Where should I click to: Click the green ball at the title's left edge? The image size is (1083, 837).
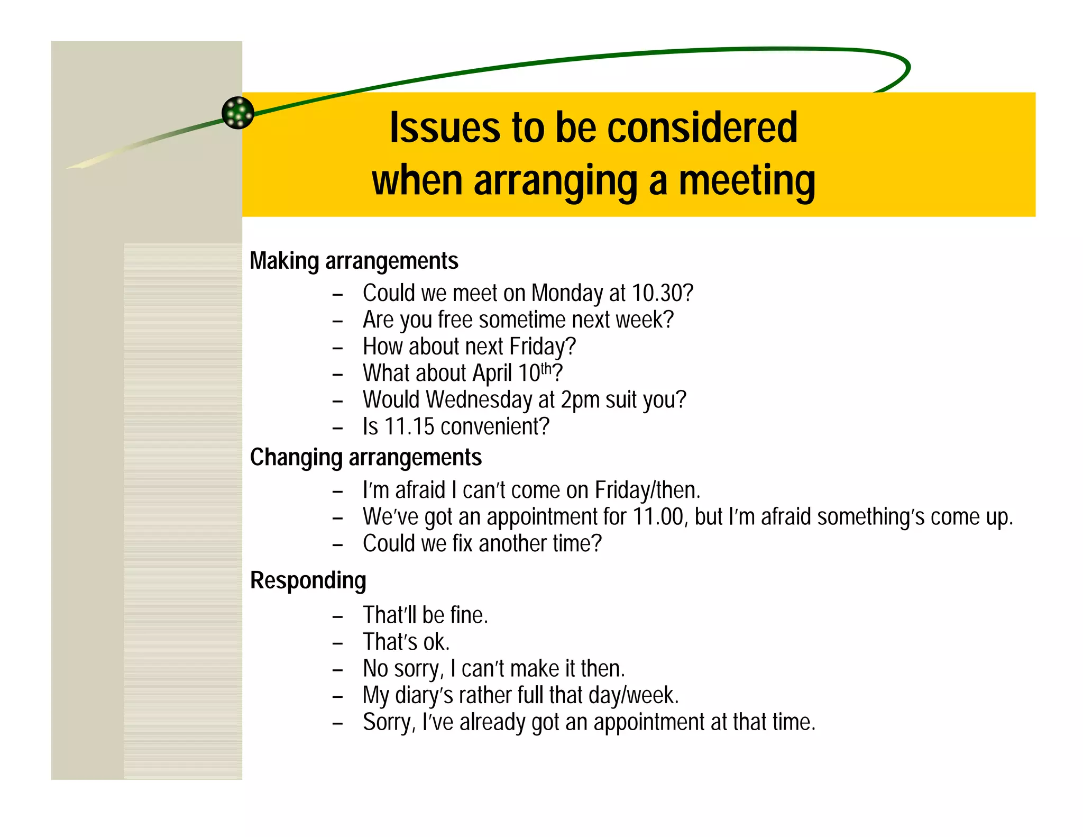click(x=238, y=113)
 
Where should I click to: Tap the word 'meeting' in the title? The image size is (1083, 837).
click(x=747, y=181)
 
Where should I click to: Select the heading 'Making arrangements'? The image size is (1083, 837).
click(x=354, y=261)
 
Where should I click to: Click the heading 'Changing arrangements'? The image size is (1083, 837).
click(x=365, y=458)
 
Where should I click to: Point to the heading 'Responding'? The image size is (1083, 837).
click(x=308, y=580)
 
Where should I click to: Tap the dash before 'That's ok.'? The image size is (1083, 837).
click(x=338, y=643)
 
